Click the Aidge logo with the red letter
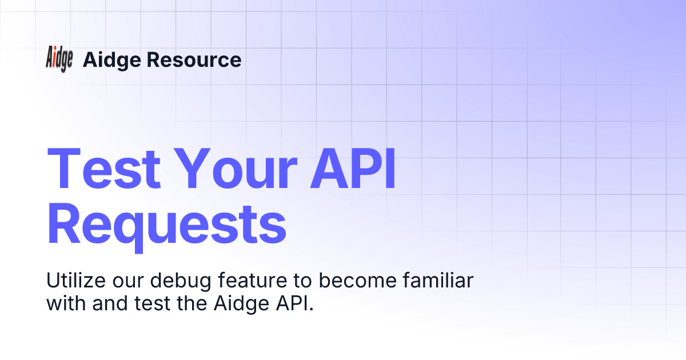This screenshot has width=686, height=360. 59,59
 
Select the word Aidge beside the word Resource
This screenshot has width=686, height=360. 111,59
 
